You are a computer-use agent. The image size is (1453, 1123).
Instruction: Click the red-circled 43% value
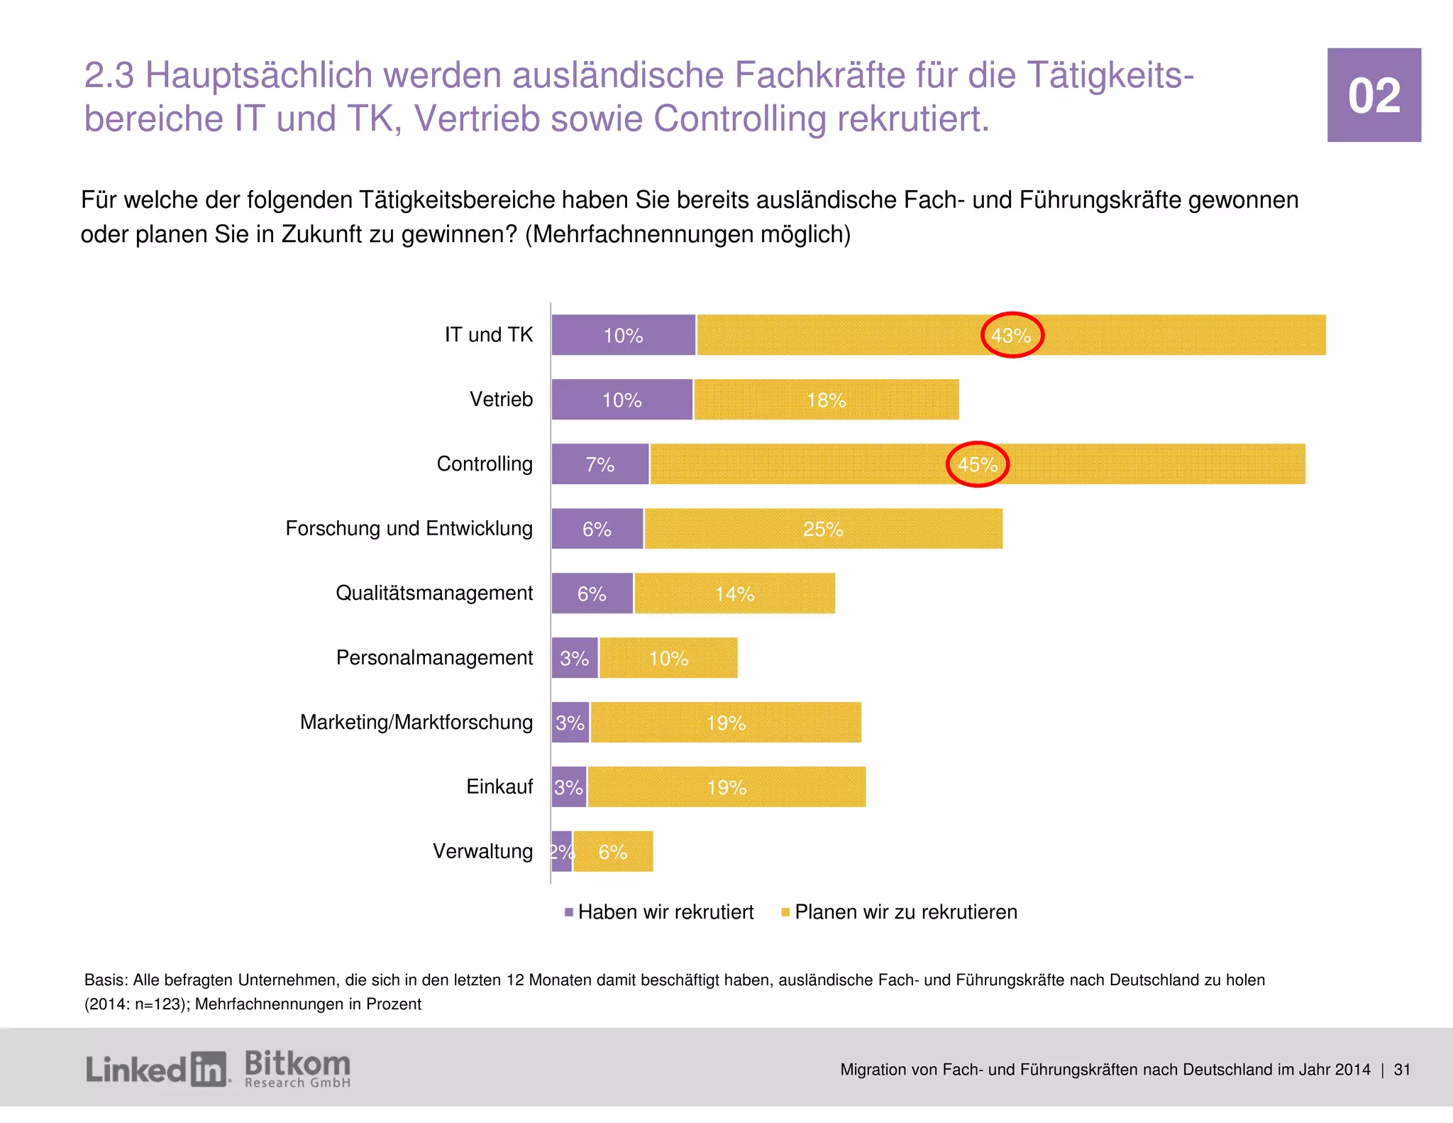click(1012, 335)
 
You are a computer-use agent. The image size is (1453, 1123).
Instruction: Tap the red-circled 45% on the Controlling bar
click(978, 464)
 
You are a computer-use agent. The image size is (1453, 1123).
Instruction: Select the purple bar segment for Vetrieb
click(621, 400)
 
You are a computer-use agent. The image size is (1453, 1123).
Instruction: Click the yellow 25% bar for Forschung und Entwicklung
click(823, 529)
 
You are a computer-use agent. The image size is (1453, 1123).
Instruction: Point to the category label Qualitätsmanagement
click(433, 593)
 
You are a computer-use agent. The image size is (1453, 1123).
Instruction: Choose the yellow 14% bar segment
click(734, 593)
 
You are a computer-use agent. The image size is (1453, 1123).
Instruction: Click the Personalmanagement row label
click(433, 657)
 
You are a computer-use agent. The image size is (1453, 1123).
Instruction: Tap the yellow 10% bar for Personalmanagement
click(668, 658)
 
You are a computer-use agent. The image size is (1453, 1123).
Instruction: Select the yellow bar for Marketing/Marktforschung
click(726, 723)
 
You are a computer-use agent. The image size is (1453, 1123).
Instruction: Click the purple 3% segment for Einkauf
click(569, 787)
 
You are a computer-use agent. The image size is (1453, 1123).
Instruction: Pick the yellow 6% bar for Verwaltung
click(613, 852)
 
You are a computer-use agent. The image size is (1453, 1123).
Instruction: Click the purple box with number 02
click(1374, 95)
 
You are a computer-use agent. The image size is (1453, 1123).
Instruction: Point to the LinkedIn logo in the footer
click(156, 1069)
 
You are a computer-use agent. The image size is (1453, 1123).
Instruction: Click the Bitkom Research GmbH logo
click(297, 1069)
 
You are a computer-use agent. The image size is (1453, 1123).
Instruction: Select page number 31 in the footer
click(1401, 1070)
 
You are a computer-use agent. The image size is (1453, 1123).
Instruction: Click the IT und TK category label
click(488, 334)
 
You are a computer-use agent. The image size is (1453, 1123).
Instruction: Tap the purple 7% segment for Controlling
click(600, 464)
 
